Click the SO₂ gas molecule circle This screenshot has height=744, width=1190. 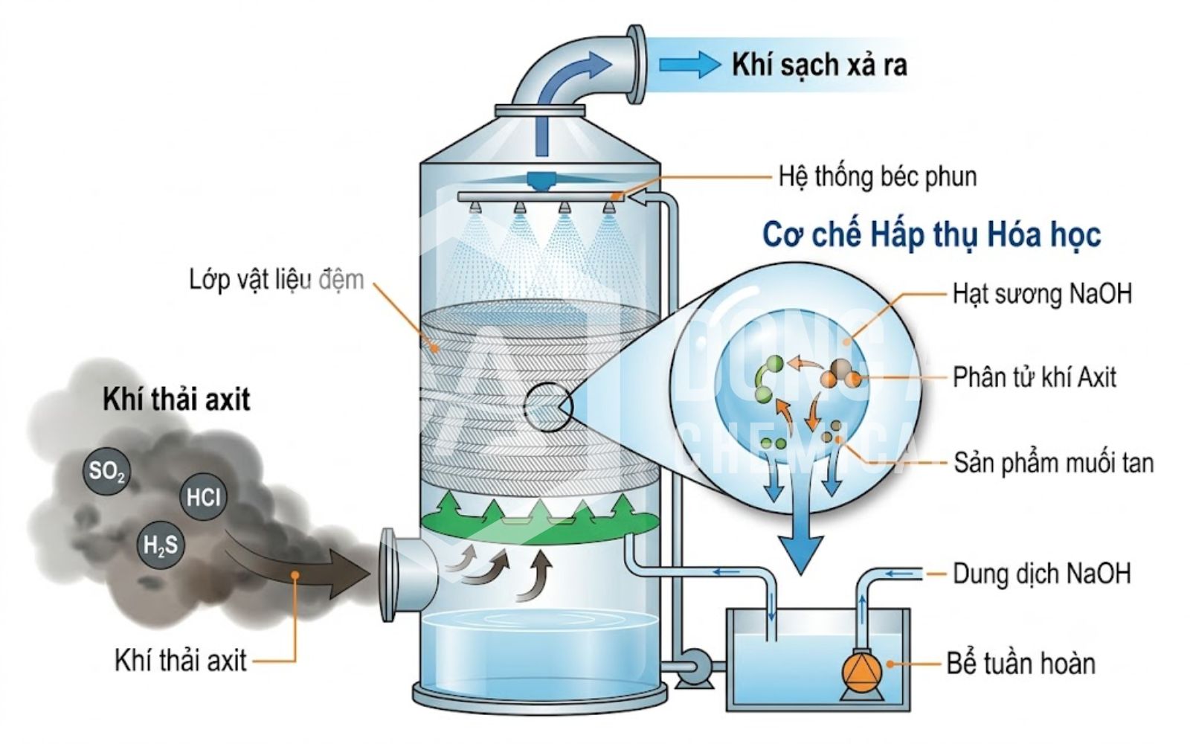pos(107,471)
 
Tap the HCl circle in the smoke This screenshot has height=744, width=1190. pos(203,498)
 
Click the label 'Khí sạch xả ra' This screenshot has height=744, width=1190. pos(819,65)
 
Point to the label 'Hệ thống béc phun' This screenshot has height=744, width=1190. pos(878,176)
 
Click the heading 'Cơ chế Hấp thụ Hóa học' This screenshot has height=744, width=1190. pos(932,235)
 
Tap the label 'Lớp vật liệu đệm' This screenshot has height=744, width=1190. pos(277,280)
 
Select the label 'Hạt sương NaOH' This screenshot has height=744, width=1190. pos(1042,293)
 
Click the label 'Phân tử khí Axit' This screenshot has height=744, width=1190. pos(1034,377)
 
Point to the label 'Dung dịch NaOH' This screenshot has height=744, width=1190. pos(1042,574)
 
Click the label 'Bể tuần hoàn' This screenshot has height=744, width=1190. pos(1021,664)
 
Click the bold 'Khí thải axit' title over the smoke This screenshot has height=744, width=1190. pos(176,400)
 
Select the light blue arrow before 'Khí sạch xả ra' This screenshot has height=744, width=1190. pos(689,65)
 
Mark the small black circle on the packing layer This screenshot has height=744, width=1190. pos(547,407)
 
